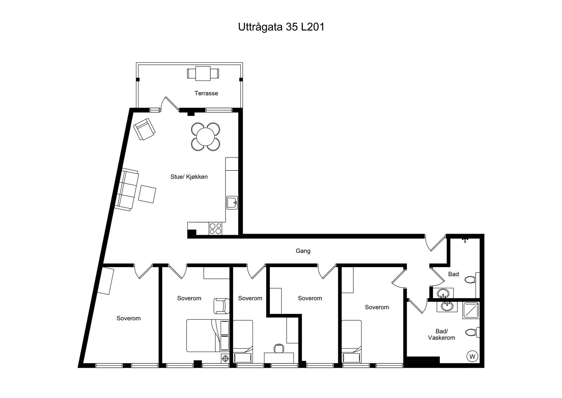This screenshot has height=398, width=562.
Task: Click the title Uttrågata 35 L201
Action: click(x=281, y=27)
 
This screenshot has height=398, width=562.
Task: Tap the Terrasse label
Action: click(x=206, y=93)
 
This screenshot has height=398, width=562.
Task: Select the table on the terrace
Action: click(x=203, y=74)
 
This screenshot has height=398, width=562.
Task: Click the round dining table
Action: click(x=205, y=137)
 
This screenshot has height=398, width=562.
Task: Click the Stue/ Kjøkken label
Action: click(x=189, y=177)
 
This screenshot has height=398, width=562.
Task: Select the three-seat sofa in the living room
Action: click(x=127, y=190)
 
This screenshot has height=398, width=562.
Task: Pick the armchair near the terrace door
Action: click(x=144, y=129)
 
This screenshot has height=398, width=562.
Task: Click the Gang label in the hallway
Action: click(x=303, y=251)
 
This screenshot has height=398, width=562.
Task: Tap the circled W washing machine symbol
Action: click(x=472, y=356)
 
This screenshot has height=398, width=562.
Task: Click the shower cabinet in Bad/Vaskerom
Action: click(x=471, y=311)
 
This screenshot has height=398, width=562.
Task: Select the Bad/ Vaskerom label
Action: click(x=441, y=334)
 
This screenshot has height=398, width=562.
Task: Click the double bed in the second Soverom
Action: click(x=208, y=335)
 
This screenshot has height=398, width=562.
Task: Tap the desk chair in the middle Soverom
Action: click(x=279, y=348)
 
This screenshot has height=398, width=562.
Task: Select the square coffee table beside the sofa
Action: click(x=147, y=194)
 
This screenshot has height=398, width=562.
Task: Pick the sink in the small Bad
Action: click(x=443, y=293)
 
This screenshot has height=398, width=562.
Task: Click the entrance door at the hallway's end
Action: click(x=436, y=243)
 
